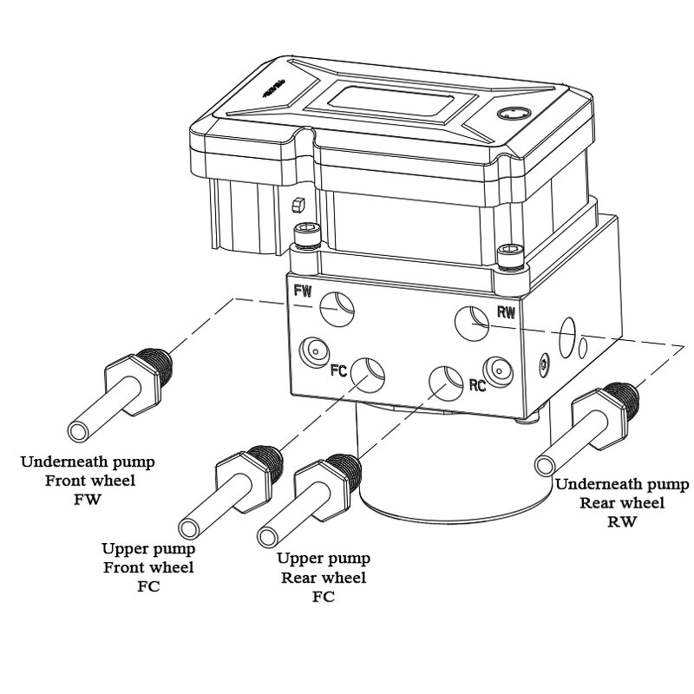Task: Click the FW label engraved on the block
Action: tap(303, 291)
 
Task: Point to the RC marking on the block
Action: tap(476, 384)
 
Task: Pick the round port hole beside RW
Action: tap(474, 323)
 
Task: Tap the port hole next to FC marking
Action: tap(370, 371)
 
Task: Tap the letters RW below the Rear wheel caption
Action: tap(621, 521)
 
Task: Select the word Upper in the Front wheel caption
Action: tap(121, 549)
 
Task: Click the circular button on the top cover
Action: tap(509, 115)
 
